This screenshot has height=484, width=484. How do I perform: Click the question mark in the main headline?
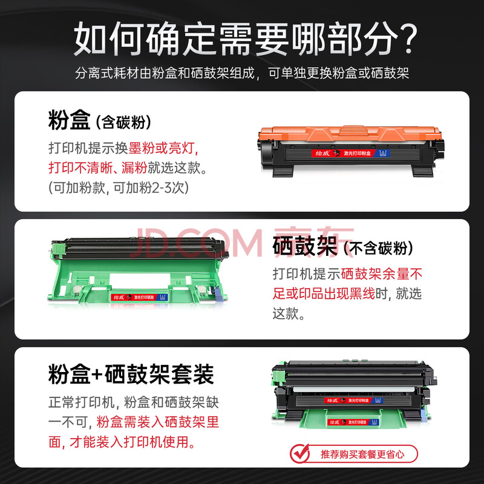[x=407, y=39]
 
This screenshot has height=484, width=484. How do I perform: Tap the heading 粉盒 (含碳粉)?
[x=100, y=120]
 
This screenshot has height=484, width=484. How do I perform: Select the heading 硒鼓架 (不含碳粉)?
[x=342, y=246]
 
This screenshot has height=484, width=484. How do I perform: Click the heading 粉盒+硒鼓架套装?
[x=131, y=374]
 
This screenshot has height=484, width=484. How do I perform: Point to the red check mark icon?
[x=299, y=453]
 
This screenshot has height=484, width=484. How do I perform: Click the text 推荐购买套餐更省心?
[x=362, y=454]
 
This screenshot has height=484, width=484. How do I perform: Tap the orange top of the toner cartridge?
[x=350, y=133]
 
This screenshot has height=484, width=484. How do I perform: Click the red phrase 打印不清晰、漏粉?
[x=98, y=168]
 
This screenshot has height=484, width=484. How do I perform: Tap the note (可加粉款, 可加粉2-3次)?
[x=119, y=188]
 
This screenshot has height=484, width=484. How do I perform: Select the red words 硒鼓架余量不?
[x=382, y=274]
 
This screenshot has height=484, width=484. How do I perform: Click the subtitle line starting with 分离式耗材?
[x=242, y=73]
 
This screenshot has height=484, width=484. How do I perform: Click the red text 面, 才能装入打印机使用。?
[x=122, y=442]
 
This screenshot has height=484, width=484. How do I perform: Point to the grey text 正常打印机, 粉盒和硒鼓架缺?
[x=134, y=402]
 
